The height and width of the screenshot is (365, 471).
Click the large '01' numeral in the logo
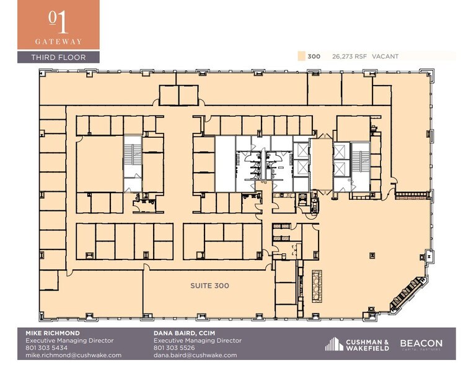pos(58,22)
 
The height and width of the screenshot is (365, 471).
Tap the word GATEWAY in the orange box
pos(58,42)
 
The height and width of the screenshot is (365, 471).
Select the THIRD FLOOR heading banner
pos(58,57)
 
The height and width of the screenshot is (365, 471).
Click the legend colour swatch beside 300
pos(301,56)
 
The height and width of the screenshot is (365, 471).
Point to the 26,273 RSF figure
pos(349,56)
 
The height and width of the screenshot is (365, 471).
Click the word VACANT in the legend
pos(385,56)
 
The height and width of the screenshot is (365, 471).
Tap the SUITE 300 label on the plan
pos(209,286)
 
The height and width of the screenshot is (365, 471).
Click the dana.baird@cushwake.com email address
pos(195,355)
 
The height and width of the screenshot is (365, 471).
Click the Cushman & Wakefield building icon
pos(334,344)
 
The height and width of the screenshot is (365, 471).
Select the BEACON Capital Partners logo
pos(421,344)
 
